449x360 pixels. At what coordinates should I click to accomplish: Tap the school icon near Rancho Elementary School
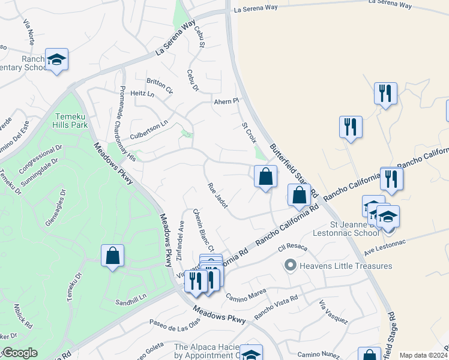[56, 60]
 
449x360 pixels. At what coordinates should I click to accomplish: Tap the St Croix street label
[249, 133]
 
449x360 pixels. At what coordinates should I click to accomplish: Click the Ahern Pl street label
[227, 101]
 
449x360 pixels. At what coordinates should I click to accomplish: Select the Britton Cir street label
[159, 86]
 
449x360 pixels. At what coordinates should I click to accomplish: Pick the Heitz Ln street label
[142, 94]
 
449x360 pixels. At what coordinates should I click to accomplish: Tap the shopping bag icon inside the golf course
[112, 256]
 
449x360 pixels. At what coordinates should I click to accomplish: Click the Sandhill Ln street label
[131, 303]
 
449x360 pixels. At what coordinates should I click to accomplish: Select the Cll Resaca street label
[292, 247]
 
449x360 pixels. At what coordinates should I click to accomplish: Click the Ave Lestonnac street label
[385, 241]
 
